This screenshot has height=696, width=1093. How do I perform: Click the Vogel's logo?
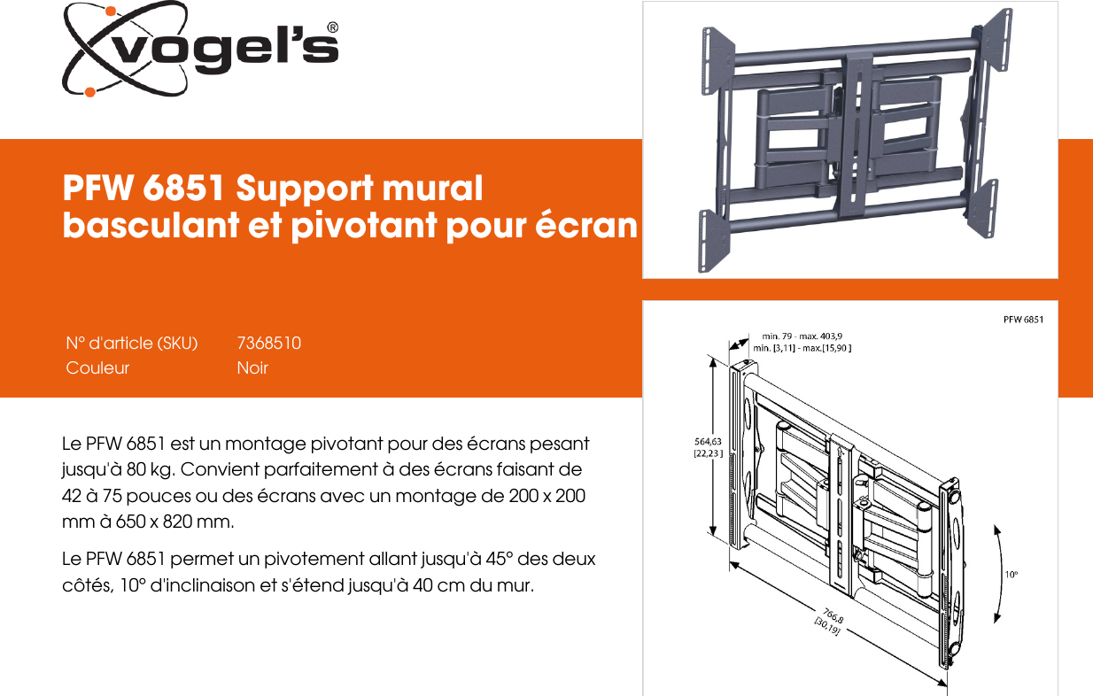tap(200, 50)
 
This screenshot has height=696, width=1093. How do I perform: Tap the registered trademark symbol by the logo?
tap(332, 27)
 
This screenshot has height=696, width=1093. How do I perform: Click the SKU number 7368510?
tap(269, 343)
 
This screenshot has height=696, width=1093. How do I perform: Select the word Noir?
tap(252, 367)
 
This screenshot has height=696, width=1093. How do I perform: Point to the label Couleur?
tap(97, 367)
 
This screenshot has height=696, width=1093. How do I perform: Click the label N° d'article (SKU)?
tap(132, 343)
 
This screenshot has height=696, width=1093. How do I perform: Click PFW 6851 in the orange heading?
tap(144, 189)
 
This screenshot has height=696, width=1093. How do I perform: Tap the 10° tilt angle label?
tap(1011, 574)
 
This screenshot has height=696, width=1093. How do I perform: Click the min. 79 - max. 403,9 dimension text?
tap(802, 336)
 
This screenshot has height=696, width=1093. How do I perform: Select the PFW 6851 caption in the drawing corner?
tap(1023, 319)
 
